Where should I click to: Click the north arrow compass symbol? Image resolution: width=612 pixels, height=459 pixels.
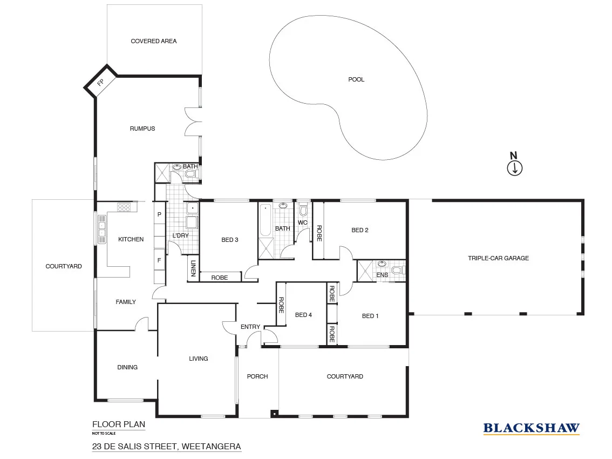pos(515,168)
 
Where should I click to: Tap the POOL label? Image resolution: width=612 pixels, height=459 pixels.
pos(356,79)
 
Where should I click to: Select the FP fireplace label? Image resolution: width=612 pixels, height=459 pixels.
pos(101,83)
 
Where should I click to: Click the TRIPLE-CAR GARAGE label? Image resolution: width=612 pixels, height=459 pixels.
pos(498,258)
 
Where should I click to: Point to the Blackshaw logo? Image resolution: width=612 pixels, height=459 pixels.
pos(531,428)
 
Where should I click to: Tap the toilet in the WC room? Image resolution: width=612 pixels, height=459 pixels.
pos(303,210)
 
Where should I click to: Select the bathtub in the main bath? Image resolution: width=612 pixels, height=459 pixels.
pos(265,220)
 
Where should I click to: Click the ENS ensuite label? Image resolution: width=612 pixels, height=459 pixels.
pos(383,275)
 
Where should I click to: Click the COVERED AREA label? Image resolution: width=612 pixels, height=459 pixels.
pos(154,41)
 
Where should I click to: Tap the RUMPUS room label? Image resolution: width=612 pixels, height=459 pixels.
pos(142,129)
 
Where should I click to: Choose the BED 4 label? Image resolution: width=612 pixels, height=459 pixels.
pos(303,315)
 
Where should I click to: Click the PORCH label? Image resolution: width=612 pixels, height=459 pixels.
pos(257,376)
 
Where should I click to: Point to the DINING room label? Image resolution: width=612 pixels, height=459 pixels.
pos(127,367)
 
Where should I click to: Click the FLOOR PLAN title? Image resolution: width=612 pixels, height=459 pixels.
pos(119,424)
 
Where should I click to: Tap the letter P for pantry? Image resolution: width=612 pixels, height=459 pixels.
pos(159,214)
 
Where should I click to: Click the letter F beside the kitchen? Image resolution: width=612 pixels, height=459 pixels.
pos(159,260)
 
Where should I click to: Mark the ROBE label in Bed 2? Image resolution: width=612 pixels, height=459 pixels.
pos(319,233)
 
